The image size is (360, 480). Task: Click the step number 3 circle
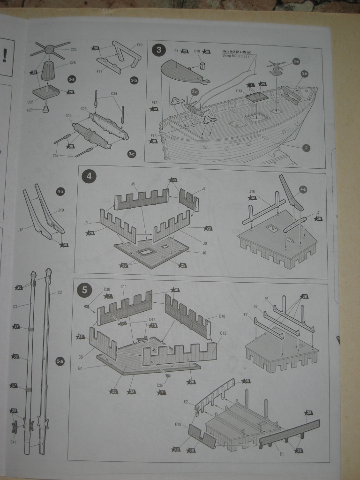tap(159, 49)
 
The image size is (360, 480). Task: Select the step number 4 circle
tap(89, 177)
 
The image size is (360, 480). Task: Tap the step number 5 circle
tap(84, 290)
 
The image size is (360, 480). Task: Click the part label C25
tap(73, 49)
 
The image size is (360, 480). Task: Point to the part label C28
tap(73, 63)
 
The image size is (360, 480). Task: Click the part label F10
tap(139, 45)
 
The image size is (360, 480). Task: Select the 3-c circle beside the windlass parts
tap(131, 154)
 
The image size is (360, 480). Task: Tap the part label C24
tap(68, 115)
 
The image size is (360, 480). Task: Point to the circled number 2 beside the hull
tap(306, 148)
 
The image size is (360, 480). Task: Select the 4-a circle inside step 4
tap(303, 189)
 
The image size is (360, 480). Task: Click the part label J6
tap(204, 253)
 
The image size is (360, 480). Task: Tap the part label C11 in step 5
tap(124, 286)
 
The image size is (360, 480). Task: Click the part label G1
tap(81, 368)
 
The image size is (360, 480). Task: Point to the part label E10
tap(178, 425)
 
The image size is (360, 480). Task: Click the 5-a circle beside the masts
tap(60, 361)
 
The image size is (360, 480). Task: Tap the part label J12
tap(20, 230)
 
